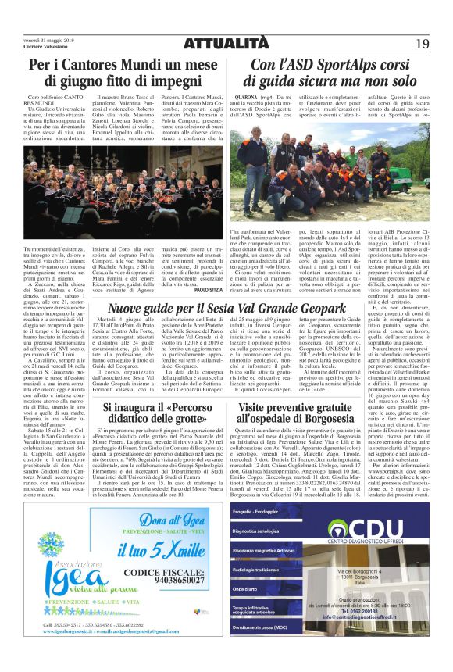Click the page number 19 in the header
point(422,43)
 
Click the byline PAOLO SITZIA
point(209,289)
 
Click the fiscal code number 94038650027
point(170,581)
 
